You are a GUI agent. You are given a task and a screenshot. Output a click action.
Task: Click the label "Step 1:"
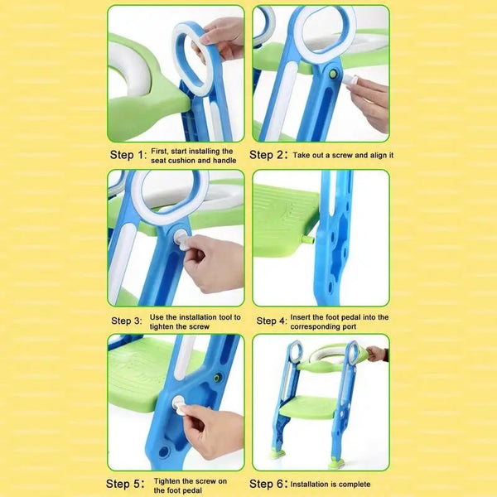point(128,155)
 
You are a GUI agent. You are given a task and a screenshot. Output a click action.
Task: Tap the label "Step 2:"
point(268,155)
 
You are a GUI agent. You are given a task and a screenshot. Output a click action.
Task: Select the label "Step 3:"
point(127,321)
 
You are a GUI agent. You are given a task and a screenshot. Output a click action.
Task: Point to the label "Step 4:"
point(272,321)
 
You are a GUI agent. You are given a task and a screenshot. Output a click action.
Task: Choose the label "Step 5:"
point(125,484)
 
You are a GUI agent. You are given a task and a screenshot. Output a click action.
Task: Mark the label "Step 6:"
point(268,484)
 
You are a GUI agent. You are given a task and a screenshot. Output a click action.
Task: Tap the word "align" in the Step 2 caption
point(377,156)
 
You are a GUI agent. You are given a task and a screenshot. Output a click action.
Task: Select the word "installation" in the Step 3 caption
point(201,317)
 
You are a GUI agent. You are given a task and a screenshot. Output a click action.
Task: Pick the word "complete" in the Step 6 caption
point(355,485)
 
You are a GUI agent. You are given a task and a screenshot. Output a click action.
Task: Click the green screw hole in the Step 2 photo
point(333,75)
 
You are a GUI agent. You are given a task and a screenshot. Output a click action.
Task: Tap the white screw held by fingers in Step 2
point(350,80)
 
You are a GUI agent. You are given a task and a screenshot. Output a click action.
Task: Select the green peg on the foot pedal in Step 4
point(306,239)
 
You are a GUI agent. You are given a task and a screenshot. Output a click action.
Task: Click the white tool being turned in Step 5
point(180,405)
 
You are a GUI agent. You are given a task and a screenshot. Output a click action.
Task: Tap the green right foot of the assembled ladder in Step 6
point(336,463)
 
